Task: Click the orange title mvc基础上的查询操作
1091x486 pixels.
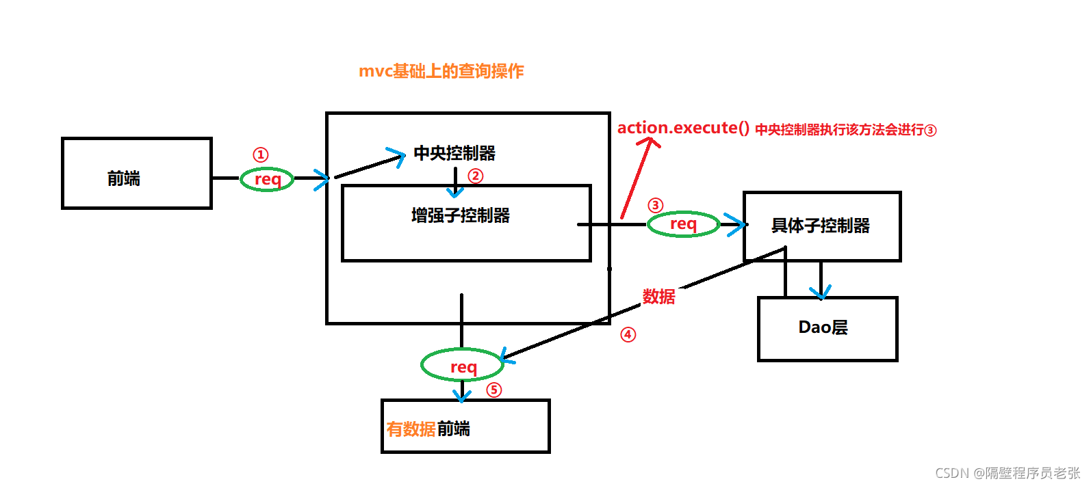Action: click(441, 71)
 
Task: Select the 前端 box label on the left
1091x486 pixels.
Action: click(124, 179)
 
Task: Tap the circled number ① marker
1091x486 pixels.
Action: click(261, 155)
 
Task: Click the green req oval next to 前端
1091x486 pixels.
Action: click(267, 179)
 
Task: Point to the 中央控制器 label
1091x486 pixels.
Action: click(454, 153)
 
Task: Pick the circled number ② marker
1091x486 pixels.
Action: click(476, 176)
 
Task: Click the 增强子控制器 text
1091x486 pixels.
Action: click(461, 216)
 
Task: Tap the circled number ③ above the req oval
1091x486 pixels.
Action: click(656, 205)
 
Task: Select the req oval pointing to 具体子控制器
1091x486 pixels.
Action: click(683, 224)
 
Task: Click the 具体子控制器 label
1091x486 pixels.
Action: click(821, 226)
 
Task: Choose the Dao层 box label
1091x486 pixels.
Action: click(823, 327)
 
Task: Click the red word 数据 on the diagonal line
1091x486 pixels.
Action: click(658, 297)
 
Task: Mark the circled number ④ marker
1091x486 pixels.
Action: click(628, 335)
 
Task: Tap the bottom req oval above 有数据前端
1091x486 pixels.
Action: click(463, 366)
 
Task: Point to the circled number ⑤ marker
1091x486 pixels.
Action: click(494, 390)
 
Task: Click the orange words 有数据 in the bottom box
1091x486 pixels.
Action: click(411, 429)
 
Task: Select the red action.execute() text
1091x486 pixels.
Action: click(683, 129)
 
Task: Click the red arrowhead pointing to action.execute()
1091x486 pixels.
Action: click(648, 142)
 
